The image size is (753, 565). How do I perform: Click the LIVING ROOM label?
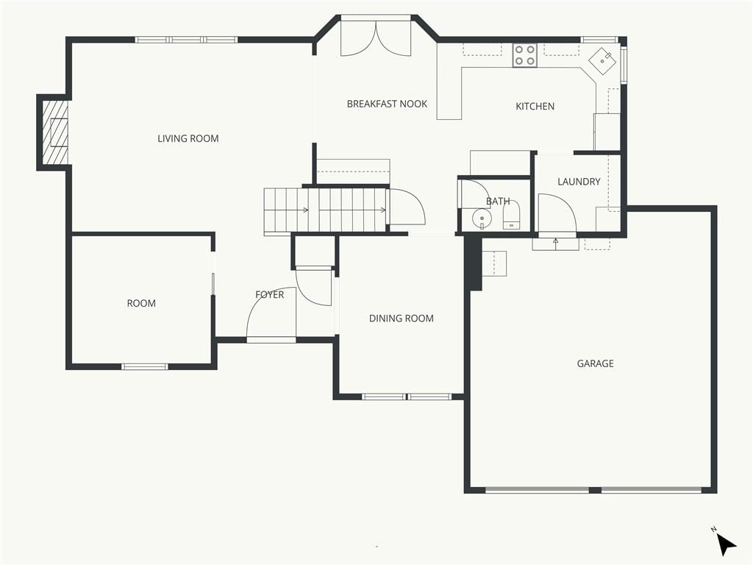(x=188, y=138)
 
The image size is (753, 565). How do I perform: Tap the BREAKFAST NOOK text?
(x=387, y=104)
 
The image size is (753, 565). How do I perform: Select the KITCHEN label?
(x=535, y=106)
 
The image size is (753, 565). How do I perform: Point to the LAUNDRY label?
(x=579, y=182)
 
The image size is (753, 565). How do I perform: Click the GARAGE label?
(x=595, y=363)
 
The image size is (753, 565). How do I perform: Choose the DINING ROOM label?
(x=401, y=318)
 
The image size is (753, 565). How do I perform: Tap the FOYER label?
(x=269, y=294)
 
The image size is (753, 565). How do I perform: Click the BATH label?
(x=498, y=202)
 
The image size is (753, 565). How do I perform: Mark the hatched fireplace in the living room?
(x=54, y=132)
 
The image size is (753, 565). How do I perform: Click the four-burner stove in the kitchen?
(x=524, y=55)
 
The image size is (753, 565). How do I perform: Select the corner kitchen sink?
(x=603, y=61)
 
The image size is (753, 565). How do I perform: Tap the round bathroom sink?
(x=482, y=219)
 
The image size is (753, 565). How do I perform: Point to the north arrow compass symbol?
(x=726, y=544)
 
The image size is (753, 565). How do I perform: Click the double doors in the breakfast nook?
(x=376, y=38)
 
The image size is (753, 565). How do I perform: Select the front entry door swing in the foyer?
(x=271, y=313)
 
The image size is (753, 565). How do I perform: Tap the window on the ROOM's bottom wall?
(x=145, y=366)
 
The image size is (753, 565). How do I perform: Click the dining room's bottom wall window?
(x=407, y=397)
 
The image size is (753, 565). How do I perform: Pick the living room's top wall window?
(x=186, y=40)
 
